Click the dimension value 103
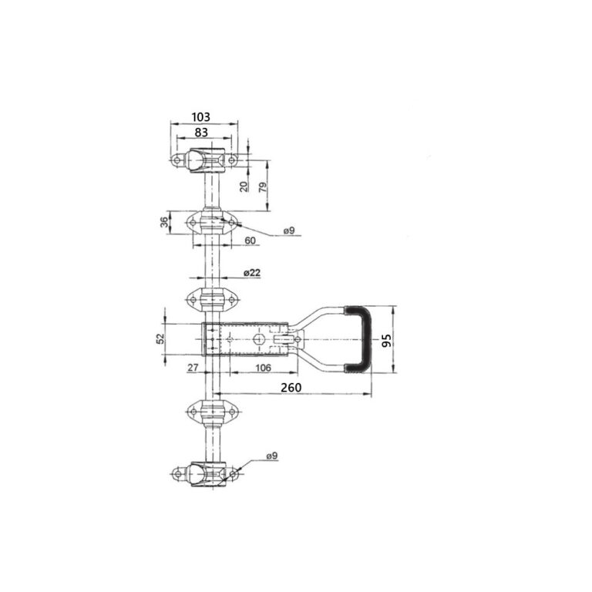point(200,117)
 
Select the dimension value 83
point(201,132)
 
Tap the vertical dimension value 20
point(244,187)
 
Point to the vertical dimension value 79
point(263,187)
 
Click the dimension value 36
point(165,222)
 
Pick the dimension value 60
point(250,240)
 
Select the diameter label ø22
point(252,272)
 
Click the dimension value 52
point(161,338)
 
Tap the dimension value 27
point(193,367)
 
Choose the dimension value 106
point(263,367)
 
